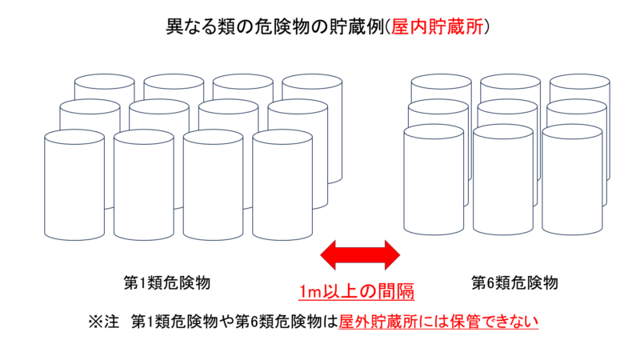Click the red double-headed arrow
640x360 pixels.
[360, 255]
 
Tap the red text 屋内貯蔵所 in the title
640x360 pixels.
[437, 27]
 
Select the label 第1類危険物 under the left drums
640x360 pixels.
[167, 282]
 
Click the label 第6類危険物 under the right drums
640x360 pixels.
[514, 282]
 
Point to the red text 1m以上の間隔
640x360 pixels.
[356, 291]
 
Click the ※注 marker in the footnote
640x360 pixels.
[104, 322]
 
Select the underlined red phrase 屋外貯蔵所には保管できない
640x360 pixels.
[438, 322]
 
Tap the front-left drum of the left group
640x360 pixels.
[74, 185]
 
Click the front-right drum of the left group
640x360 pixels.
[282, 185]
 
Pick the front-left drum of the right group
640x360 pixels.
[434, 179]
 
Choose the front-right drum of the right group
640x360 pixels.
[572, 179]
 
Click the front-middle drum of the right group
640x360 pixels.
[503, 179]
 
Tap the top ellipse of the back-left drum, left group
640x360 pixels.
[105, 82]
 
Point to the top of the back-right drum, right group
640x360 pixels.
[579, 82]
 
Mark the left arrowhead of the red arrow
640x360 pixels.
[328, 255]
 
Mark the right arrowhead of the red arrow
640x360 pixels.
[393, 255]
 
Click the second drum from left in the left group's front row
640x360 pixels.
[144, 185]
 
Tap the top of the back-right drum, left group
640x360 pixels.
[312, 82]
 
